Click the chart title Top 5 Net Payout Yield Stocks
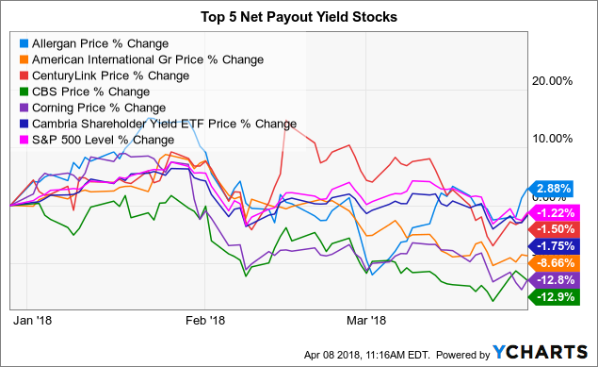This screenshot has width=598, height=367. [x=299, y=16]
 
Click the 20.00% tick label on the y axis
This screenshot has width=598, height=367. [x=553, y=81]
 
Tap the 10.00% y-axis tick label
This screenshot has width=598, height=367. [x=553, y=138]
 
